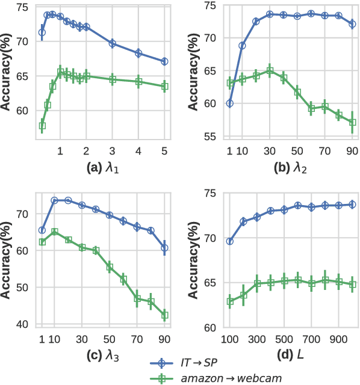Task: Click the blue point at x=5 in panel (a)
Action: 164,61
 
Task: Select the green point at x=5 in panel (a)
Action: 164,86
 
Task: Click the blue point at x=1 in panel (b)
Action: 229,103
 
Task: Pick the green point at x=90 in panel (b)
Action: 353,122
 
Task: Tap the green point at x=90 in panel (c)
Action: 164,315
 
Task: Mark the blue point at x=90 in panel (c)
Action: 164,248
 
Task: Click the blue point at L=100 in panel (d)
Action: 229,241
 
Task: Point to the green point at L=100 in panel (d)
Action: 229,301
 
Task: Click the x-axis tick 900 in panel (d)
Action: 338,339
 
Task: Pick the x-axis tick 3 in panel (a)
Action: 112,149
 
